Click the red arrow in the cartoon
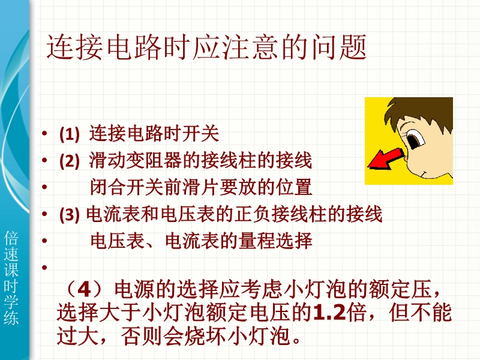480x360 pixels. click(x=385, y=158)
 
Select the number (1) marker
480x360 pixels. click(x=69, y=134)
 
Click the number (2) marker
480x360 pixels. click(x=69, y=161)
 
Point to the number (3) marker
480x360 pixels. click(x=69, y=215)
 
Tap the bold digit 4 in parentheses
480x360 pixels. click(x=85, y=289)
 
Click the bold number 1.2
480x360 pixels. click(x=329, y=313)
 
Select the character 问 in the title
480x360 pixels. click(x=325, y=47)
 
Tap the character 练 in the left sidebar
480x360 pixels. click(x=11, y=318)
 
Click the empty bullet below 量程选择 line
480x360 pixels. click(x=44, y=268)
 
